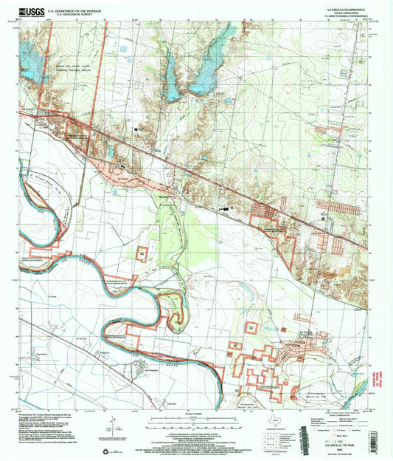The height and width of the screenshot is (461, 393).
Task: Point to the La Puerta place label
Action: tap(29, 110)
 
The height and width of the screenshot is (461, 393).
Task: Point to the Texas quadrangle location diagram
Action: tap(274, 417)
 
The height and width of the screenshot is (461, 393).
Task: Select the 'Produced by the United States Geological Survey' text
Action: tap(55, 414)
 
